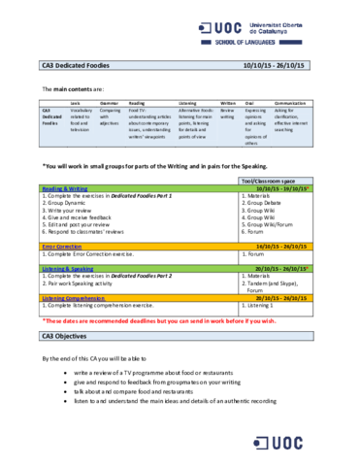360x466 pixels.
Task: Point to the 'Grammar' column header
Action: tap(109, 102)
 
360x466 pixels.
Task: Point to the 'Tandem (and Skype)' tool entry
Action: tap(276, 281)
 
